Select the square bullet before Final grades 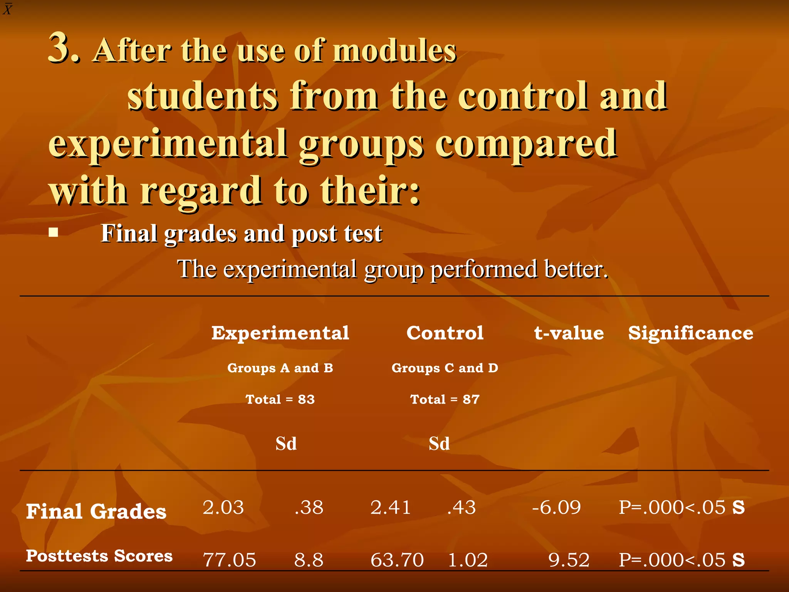click(x=54, y=232)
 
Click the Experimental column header click(x=280, y=333)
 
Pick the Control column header click(x=445, y=333)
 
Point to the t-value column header click(x=569, y=333)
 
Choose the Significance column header click(x=690, y=333)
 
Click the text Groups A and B click(x=280, y=368)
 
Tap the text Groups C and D click(x=445, y=368)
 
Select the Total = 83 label click(x=280, y=399)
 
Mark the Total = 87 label click(x=445, y=399)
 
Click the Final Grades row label click(x=96, y=512)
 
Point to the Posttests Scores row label click(x=99, y=556)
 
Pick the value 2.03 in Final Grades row click(x=223, y=508)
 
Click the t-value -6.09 click(x=556, y=508)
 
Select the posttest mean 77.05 click(x=229, y=560)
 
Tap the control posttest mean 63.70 click(x=397, y=560)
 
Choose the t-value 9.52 click(x=569, y=560)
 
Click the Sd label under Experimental click(x=286, y=444)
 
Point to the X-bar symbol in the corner click(x=8, y=8)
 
